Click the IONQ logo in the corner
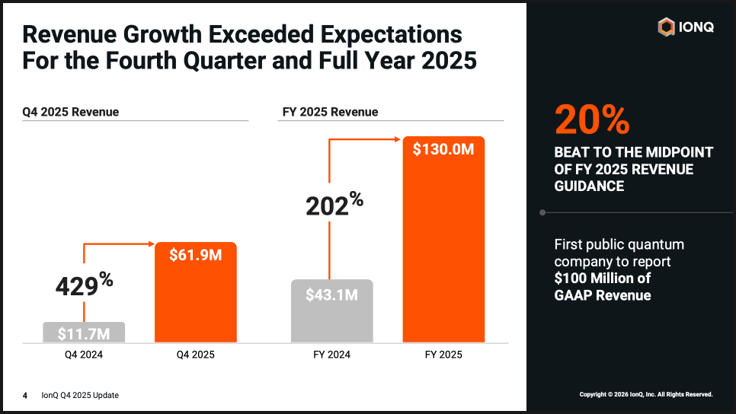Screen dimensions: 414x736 click(685, 27)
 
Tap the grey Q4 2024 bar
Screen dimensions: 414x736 click(83, 332)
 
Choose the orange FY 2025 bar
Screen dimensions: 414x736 click(443, 244)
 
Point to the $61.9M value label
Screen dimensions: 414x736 click(196, 256)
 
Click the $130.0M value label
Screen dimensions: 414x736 click(443, 150)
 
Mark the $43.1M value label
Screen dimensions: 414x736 click(331, 295)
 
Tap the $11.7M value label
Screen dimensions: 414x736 click(83, 333)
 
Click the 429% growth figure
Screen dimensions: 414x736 click(84, 285)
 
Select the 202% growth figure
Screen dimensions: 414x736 click(334, 205)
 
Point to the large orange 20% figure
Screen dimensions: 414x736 click(592, 120)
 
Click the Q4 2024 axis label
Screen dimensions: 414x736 click(83, 354)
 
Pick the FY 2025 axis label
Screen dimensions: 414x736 click(443, 354)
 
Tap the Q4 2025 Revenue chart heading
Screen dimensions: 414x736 click(70, 112)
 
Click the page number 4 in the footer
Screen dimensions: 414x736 click(25, 395)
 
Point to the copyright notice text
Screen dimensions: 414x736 click(645, 394)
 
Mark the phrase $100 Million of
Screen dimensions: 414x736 click(603, 278)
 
